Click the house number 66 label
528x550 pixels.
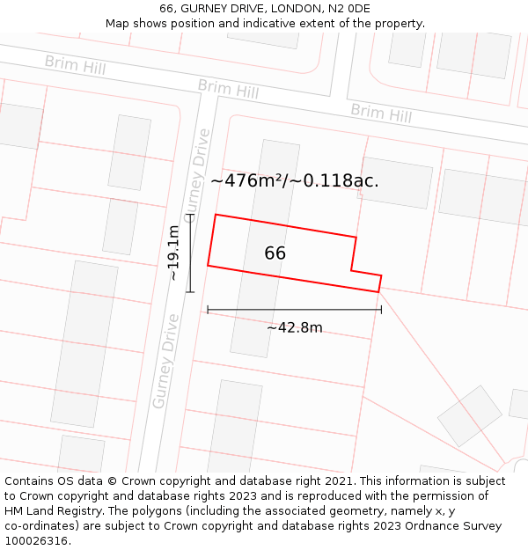click(275, 253)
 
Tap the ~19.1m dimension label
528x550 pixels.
click(174, 253)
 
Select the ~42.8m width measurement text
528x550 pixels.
click(294, 328)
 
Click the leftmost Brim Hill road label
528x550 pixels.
click(75, 64)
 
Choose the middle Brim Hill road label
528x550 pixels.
click(228, 89)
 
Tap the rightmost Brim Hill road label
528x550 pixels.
click(381, 113)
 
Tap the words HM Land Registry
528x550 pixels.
click(54, 511)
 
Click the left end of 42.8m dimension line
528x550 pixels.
click(208, 310)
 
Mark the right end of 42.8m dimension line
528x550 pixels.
click(381, 310)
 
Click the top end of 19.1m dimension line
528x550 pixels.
click(190, 214)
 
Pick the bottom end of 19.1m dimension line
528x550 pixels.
click(190, 291)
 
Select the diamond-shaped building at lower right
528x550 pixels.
click(469, 415)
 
